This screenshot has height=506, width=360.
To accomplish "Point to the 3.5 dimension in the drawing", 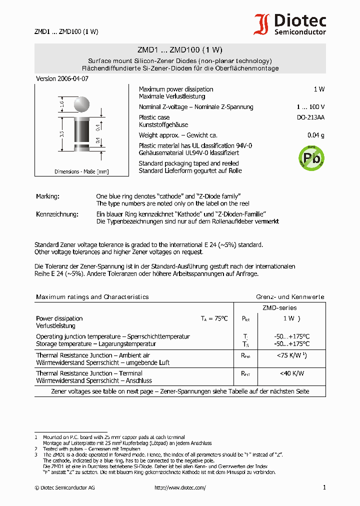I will click(61, 134).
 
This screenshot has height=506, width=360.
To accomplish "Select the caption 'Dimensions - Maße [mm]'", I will click(81, 171).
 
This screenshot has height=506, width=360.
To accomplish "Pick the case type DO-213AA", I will click(310, 117).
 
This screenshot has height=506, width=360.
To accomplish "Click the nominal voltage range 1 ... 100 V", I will click(310, 107).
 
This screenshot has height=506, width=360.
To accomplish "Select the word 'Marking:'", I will click(47, 196).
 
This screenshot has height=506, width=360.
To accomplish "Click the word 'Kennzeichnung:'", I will click(57, 214).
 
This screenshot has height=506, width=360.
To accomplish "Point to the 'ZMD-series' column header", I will click(279, 308).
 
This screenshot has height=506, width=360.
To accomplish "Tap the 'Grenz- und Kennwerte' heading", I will click(290, 297).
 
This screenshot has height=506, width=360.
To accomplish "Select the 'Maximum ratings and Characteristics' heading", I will click(92, 297).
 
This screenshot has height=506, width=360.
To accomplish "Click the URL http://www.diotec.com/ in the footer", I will click(180, 487).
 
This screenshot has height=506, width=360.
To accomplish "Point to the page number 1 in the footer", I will click(324, 487).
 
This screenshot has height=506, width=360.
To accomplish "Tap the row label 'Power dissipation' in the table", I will click(59, 318).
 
